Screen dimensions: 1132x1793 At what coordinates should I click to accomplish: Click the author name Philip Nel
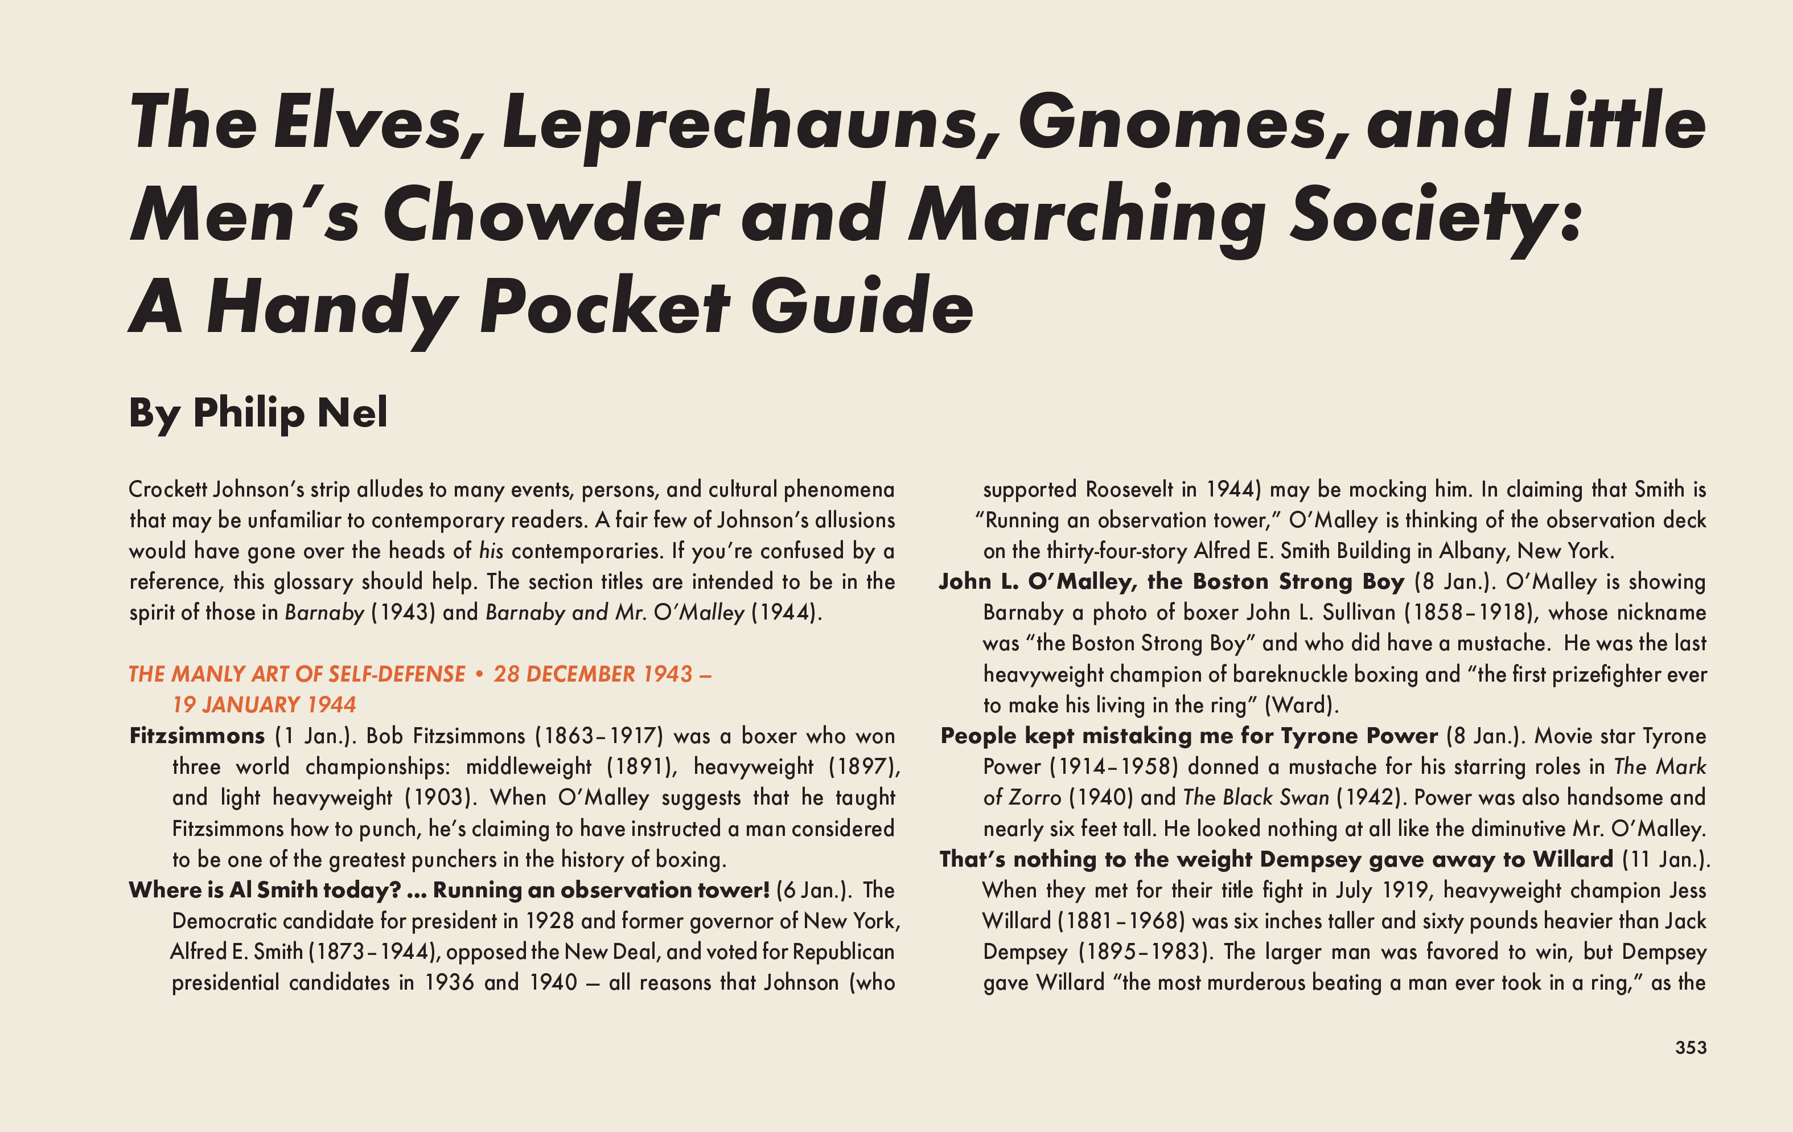pos(290,413)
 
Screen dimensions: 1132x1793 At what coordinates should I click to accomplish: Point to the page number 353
pos(1690,1047)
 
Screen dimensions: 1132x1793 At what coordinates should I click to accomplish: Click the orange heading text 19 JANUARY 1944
pos(264,704)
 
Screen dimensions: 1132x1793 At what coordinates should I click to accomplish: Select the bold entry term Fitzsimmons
pos(196,736)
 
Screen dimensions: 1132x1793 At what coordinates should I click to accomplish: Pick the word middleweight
pos(529,767)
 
